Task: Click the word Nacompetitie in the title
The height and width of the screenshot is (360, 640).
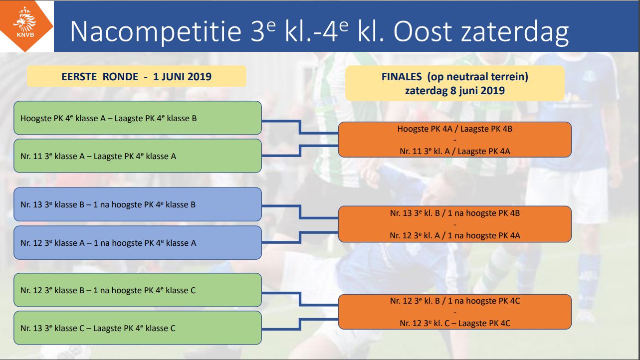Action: tap(156, 31)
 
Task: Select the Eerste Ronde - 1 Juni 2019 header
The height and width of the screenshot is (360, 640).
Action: tap(137, 76)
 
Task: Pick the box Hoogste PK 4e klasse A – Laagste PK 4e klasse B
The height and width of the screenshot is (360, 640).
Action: tap(138, 118)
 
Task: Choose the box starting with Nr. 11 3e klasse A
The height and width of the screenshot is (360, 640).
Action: tap(138, 156)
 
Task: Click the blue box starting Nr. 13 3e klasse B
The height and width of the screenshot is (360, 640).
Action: tap(138, 204)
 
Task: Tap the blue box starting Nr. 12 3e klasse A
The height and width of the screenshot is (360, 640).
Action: tap(138, 243)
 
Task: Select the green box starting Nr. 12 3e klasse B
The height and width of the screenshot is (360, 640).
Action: tap(138, 290)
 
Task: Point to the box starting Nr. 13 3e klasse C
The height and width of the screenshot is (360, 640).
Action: tap(138, 328)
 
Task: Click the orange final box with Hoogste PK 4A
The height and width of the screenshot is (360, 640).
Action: tap(455, 140)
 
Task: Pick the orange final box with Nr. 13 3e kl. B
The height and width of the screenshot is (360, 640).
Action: tap(455, 224)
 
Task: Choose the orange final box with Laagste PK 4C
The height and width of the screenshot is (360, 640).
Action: tap(455, 312)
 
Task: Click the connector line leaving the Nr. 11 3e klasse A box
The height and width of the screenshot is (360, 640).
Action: tap(300, 151)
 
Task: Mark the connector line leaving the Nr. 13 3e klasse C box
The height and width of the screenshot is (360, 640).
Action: tap(300, 324)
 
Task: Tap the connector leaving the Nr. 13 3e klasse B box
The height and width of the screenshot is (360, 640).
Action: tap(300, 212)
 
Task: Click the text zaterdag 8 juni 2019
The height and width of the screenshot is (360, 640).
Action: tap(455, 91)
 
